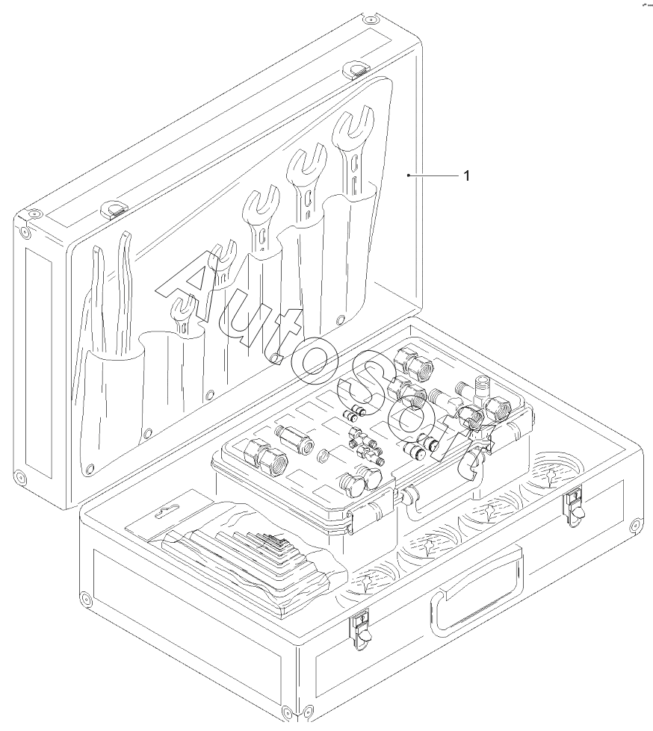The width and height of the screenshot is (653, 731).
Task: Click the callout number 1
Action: click(x=466, y=176)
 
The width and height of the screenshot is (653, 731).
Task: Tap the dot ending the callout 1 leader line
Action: click(x=408, y=175)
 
